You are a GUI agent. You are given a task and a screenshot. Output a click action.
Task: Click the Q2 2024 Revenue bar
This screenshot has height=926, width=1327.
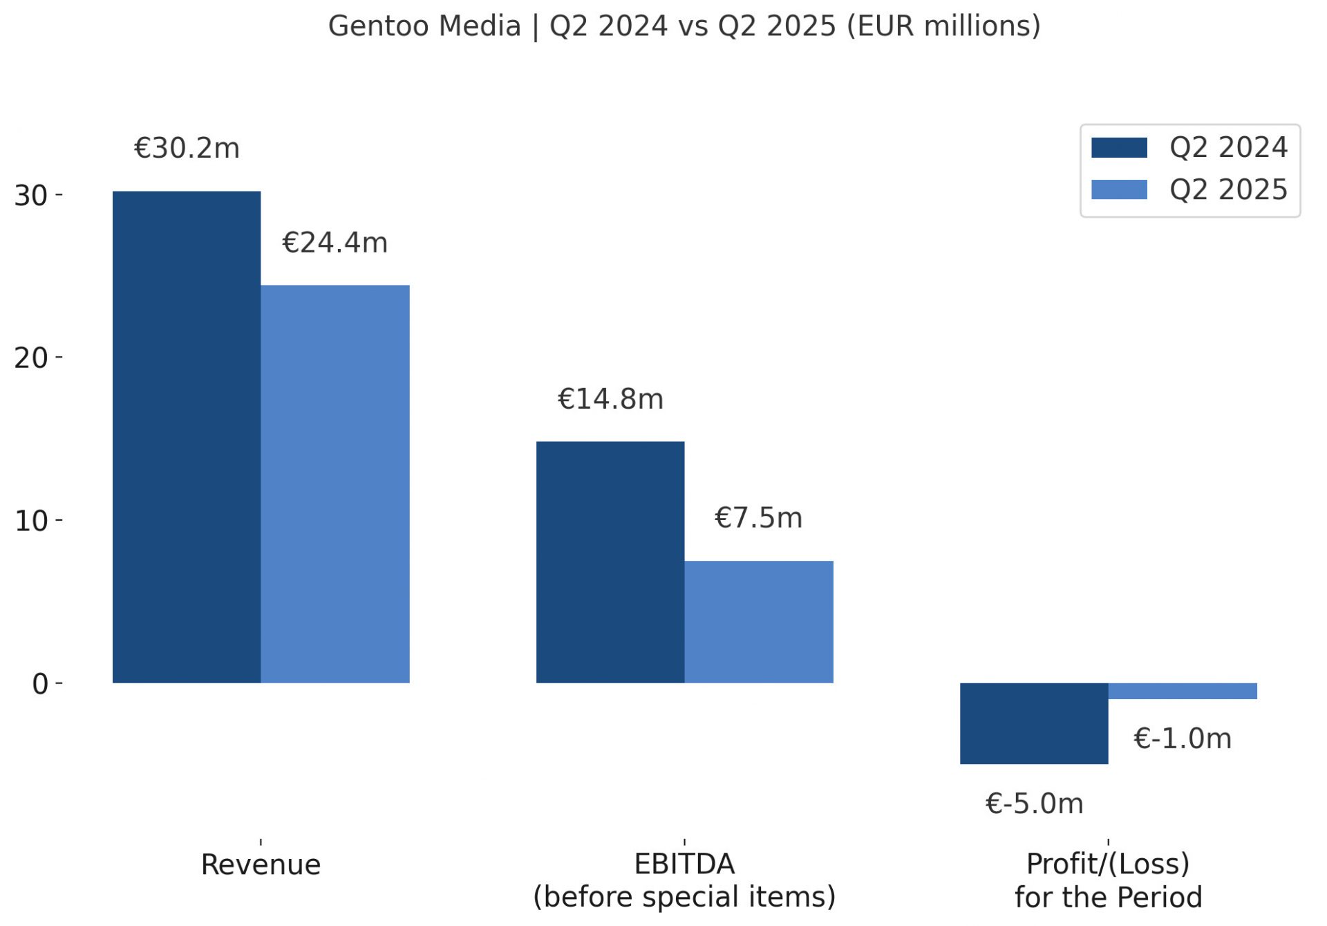coord(187,437)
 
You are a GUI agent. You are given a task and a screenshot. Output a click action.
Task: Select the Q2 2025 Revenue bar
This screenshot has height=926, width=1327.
coord(335,484)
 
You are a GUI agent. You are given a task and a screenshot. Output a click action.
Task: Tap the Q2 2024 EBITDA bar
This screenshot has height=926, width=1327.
coord(610,562)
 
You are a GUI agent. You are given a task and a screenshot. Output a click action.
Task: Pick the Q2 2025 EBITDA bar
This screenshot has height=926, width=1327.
coord(759,622)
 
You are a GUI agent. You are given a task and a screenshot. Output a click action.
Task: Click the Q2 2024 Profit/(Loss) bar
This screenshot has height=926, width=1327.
coord(1034,723)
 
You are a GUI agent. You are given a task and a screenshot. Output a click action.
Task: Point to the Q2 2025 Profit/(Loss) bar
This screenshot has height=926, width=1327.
coord(1183,691)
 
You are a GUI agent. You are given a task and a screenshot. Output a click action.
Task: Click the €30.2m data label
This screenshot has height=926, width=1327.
coord(187,149)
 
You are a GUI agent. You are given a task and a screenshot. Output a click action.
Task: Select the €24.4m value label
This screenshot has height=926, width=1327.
coord(335,243)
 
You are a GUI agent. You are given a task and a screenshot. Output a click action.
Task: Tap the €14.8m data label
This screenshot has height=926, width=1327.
coord(610,399)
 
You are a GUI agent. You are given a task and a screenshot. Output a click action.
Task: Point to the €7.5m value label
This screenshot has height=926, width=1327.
coord(758,518)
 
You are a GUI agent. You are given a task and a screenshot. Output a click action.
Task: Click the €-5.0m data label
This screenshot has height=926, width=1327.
coord(1034,804)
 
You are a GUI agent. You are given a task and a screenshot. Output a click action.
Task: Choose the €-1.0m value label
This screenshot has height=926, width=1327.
coord(1183,739)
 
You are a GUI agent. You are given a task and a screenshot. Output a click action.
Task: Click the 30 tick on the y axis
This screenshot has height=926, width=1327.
coord(31,196)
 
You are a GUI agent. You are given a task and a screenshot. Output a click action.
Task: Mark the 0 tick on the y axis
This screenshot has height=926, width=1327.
coord(40,684)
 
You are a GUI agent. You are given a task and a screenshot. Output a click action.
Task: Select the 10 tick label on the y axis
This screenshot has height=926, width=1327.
coord(31,521)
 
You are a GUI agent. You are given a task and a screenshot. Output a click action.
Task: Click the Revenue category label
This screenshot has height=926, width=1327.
coord(261,864)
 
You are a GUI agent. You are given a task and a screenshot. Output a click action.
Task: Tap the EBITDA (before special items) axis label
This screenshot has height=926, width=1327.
coord(684,880)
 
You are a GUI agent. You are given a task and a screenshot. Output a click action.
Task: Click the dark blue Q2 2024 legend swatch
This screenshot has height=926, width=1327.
coord(1119,148)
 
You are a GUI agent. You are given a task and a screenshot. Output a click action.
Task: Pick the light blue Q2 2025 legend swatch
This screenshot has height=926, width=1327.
coord(1119,189)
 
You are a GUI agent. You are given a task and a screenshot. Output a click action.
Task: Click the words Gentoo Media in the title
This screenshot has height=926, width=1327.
coord(424,26)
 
